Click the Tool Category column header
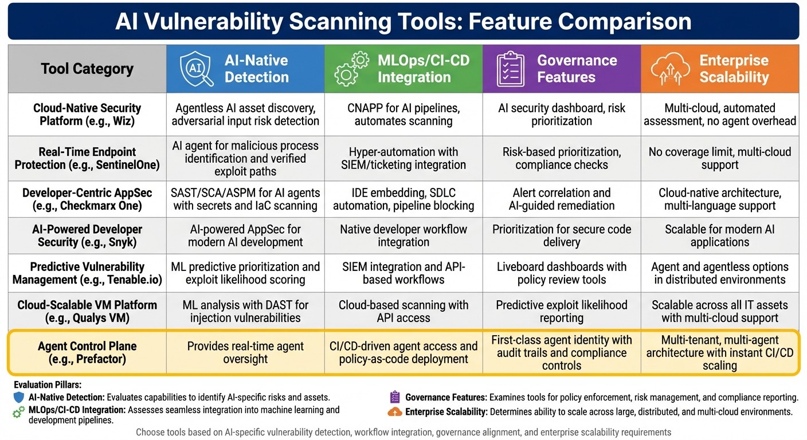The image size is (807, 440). tap(87, 69)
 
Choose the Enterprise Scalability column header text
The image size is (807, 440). tap(734, 69)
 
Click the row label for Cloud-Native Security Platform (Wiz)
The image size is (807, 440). tap(87, 115)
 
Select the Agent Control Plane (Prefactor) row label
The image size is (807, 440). tap(87, 352)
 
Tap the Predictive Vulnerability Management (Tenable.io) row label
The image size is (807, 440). tap(87, 273)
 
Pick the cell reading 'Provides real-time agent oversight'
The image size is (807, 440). tap(245, 352)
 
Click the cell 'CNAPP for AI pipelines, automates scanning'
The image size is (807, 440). tap(403, 115)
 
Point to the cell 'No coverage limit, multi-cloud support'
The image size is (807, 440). tap(720, 158)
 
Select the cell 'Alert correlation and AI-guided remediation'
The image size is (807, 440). tap(562, 199)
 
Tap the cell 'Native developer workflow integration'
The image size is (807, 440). tap(403, 235)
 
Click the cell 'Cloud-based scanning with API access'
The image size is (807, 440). tap(403, 311)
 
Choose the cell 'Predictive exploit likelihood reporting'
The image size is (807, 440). tap(562, 311)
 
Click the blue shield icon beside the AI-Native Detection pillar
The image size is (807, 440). tap(19, 397)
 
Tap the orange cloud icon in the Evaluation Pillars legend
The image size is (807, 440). tap(395, 411)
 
